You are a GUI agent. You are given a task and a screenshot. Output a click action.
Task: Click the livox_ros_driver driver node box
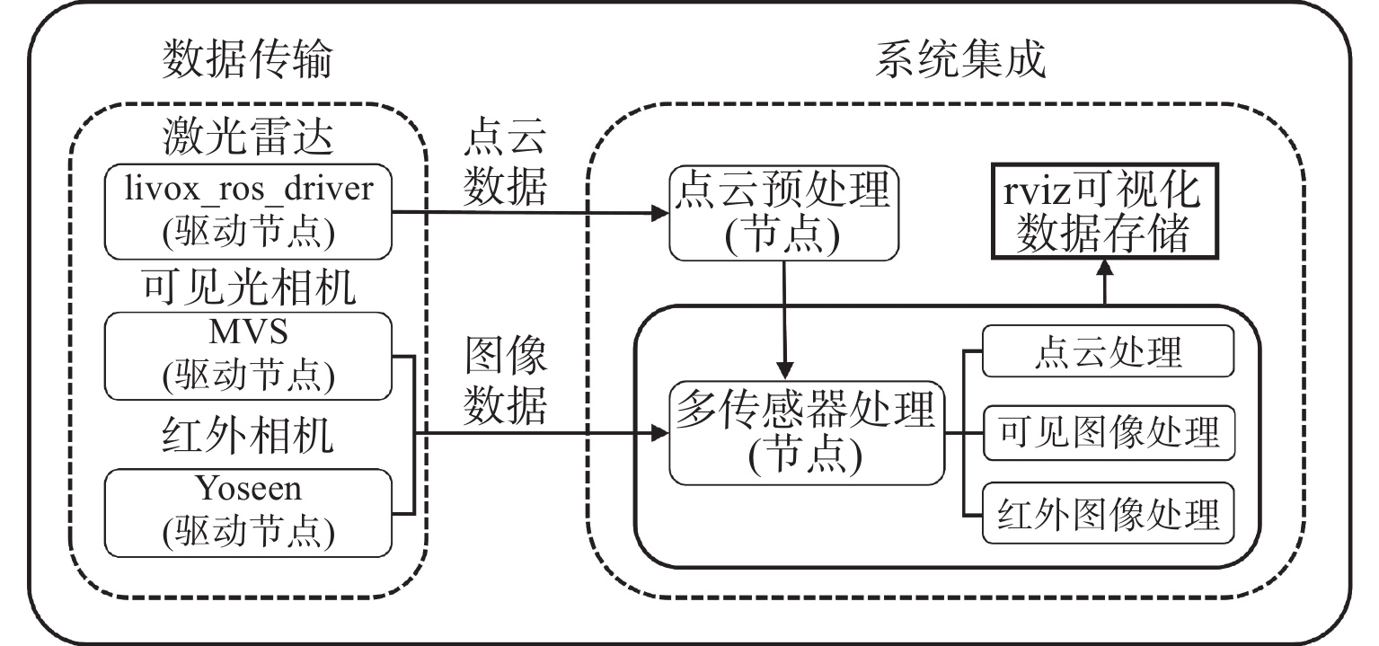pyautogui.click(x=249, y=212)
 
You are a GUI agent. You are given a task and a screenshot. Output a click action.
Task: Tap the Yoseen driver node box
pyautogui.click(x=249, y=511)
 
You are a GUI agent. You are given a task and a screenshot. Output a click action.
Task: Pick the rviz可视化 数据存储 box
pyautogui.click(x=1102, y=214)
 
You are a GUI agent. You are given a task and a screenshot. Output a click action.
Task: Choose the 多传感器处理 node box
pyautogui.click(x=806, y=434)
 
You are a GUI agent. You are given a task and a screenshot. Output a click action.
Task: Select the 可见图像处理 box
pyautogui.click(x=1107, y=434)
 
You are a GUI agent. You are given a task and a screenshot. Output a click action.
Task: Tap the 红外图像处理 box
pyautogui.click(x=1107, y=515)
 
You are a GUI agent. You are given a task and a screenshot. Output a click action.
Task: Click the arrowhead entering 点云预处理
pyautogui.click(x=662, y=213)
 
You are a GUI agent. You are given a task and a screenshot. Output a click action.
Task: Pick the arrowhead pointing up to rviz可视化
pyautogui.click(x=1103, y=266)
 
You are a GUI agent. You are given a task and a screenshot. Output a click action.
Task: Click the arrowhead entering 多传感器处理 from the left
pyautogui.click(x=662, y=434)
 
